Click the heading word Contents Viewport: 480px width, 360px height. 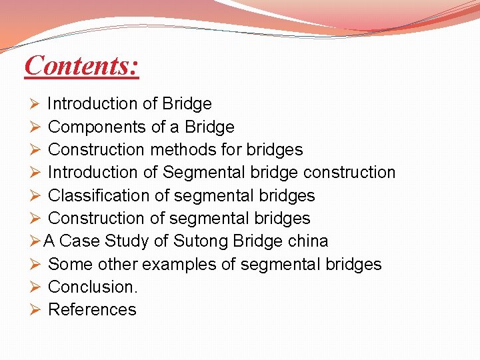[x=81, y=66]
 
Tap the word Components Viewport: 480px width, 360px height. [x=87, y=127]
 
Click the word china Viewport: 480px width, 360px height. [x=307, y=241]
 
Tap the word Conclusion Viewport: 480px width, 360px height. [x=93, y=287]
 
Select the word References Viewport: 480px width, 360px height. [x=92, y=309]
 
